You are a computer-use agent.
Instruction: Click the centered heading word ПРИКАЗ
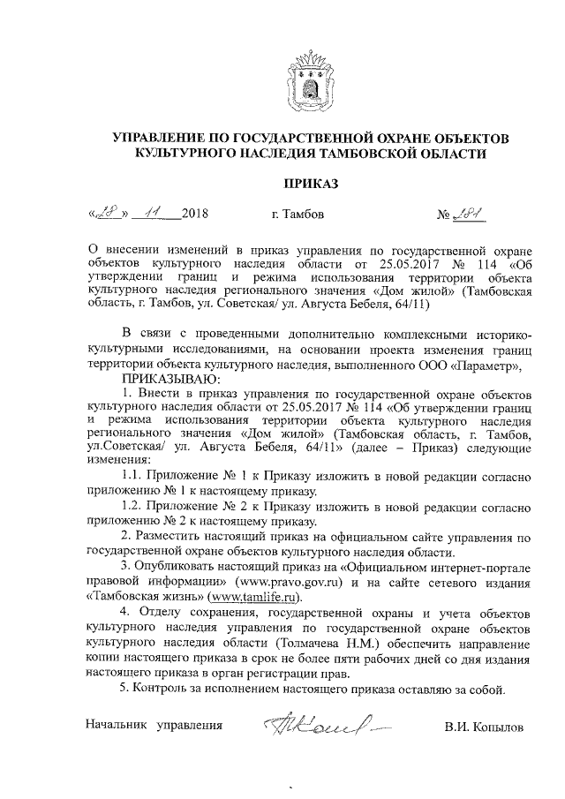(309, 185)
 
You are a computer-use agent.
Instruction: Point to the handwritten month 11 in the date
(153, 213)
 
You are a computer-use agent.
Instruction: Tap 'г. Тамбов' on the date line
(299, 215)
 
